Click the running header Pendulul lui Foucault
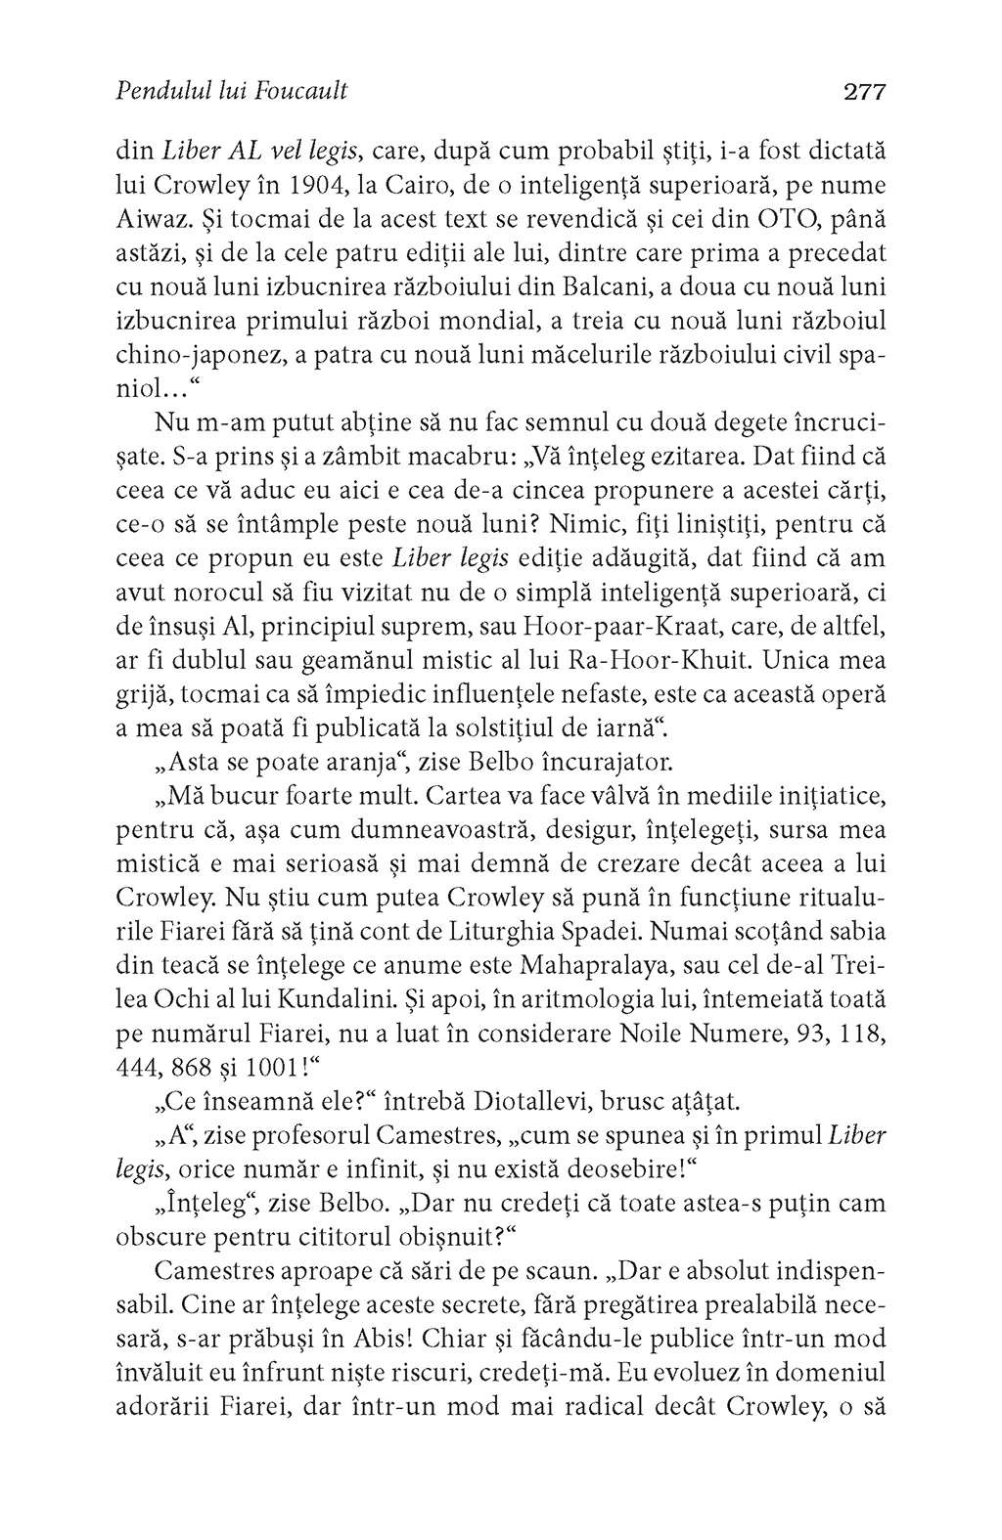point(231,93)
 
